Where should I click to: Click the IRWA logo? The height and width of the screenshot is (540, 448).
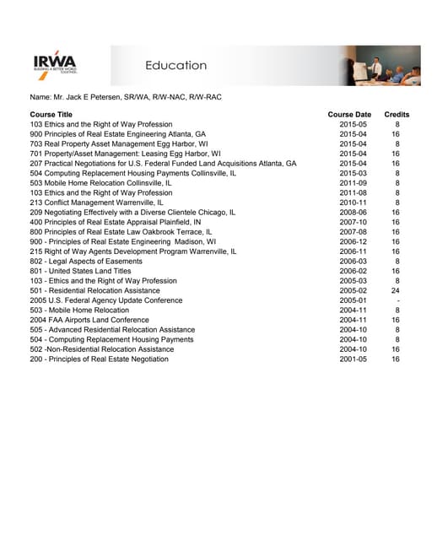[54, 64]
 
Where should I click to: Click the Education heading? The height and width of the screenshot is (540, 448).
[175, 65]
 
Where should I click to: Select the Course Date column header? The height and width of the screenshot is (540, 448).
[349, 114]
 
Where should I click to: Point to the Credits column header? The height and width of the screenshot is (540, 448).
[397, 114]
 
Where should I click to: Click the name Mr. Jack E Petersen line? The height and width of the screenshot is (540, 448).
[126, 97]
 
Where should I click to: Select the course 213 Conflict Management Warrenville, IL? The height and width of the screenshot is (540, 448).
[97, 202]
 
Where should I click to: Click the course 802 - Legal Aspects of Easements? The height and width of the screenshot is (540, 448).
[86, 262]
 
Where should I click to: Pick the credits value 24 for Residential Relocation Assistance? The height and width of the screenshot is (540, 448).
[396, 290]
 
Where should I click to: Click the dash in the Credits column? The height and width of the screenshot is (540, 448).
[397, 300]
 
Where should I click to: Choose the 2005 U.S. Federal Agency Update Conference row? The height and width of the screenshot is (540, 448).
[105, 300]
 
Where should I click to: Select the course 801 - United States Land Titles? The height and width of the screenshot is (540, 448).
[80, 271]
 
